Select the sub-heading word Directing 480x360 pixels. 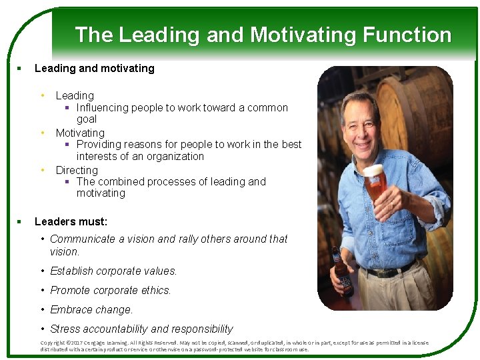(x=77, y=170)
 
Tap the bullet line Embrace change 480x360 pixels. (x=91, y=309)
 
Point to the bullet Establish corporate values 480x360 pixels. (x=113, y=271)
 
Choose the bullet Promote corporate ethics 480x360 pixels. (x=111, y=290)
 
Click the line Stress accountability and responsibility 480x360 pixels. (x=141, y=329)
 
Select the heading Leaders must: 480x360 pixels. (x=71, y=221)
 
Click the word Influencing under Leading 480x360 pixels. (x=103, y=107)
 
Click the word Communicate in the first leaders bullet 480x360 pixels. (x=83, y=239)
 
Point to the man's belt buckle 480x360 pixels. (x=386, y=272)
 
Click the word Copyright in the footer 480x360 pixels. (x=53, y=343)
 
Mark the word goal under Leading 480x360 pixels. (x=87, y=119)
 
